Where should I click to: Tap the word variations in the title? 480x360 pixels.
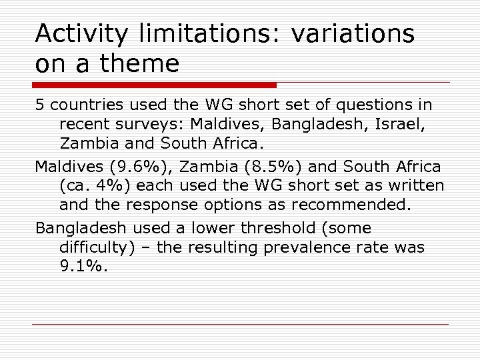(x=353, y=34)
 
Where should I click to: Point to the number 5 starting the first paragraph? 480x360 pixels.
(x=39, y=105)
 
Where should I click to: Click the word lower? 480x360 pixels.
(x=210, y=228)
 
